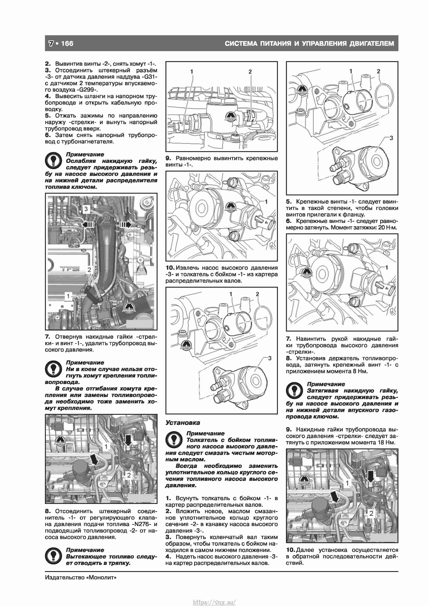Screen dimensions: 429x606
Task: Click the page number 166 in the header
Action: (67, 43)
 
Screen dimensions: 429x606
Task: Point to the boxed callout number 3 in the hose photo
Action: (86, 209)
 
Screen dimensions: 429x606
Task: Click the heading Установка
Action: (183, 423)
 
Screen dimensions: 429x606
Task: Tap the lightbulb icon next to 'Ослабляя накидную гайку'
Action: (53, 161)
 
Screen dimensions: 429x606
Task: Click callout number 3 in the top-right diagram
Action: (391, 138)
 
